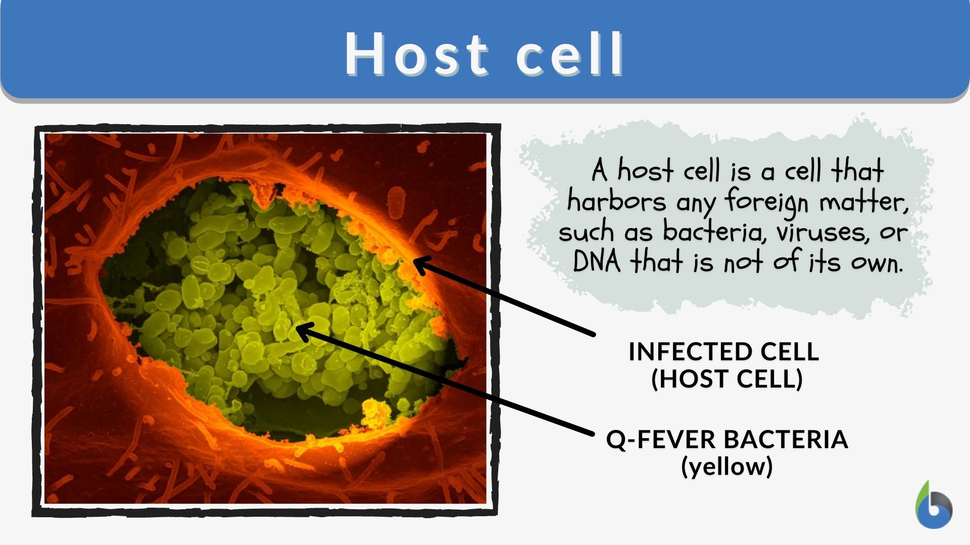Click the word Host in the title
417,54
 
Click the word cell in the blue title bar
570,54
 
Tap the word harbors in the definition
617,201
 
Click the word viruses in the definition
823,233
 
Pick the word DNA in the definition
597,262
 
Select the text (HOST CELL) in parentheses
727,379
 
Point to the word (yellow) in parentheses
727,466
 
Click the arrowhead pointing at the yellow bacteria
304,332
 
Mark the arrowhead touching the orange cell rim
421,264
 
